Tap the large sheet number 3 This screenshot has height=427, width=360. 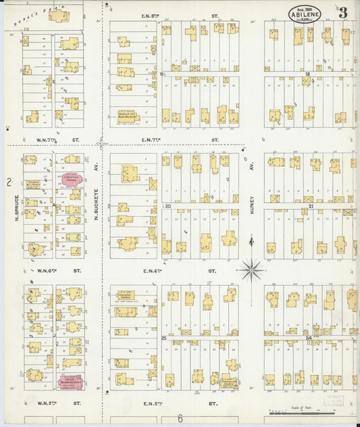pos(343,13)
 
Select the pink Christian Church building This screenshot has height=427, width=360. pos(70,178)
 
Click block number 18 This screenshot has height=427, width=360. pos(307,74)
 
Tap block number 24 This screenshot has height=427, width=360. pos(308,336)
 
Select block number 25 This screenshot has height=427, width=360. pos(163,336)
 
